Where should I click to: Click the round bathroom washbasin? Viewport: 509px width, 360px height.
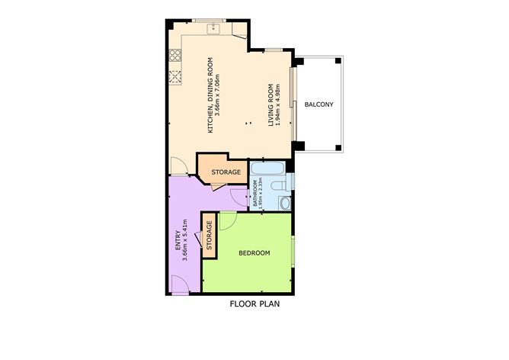coord(285,203)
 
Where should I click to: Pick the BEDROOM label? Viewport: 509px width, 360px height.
coord(254,253)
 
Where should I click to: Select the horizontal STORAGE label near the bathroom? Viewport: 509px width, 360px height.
coord(226,172)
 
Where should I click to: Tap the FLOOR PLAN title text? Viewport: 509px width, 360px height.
coord(255,305)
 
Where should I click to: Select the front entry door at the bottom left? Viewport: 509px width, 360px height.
coord(181,286)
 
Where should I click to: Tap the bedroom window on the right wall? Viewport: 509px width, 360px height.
coord(294,253)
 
